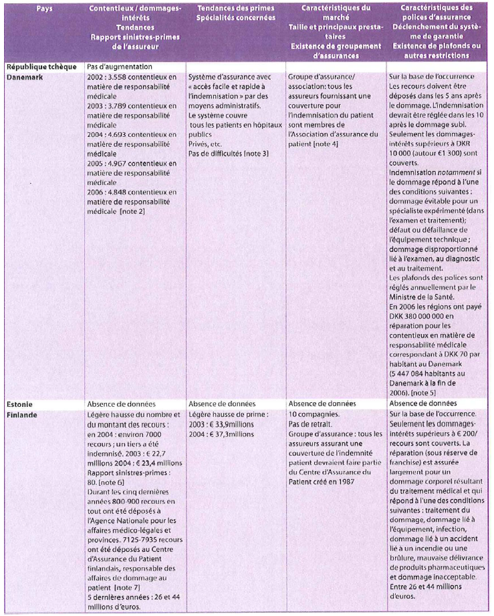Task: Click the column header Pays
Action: tap(45, 9)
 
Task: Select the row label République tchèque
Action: tap(39, 67)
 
